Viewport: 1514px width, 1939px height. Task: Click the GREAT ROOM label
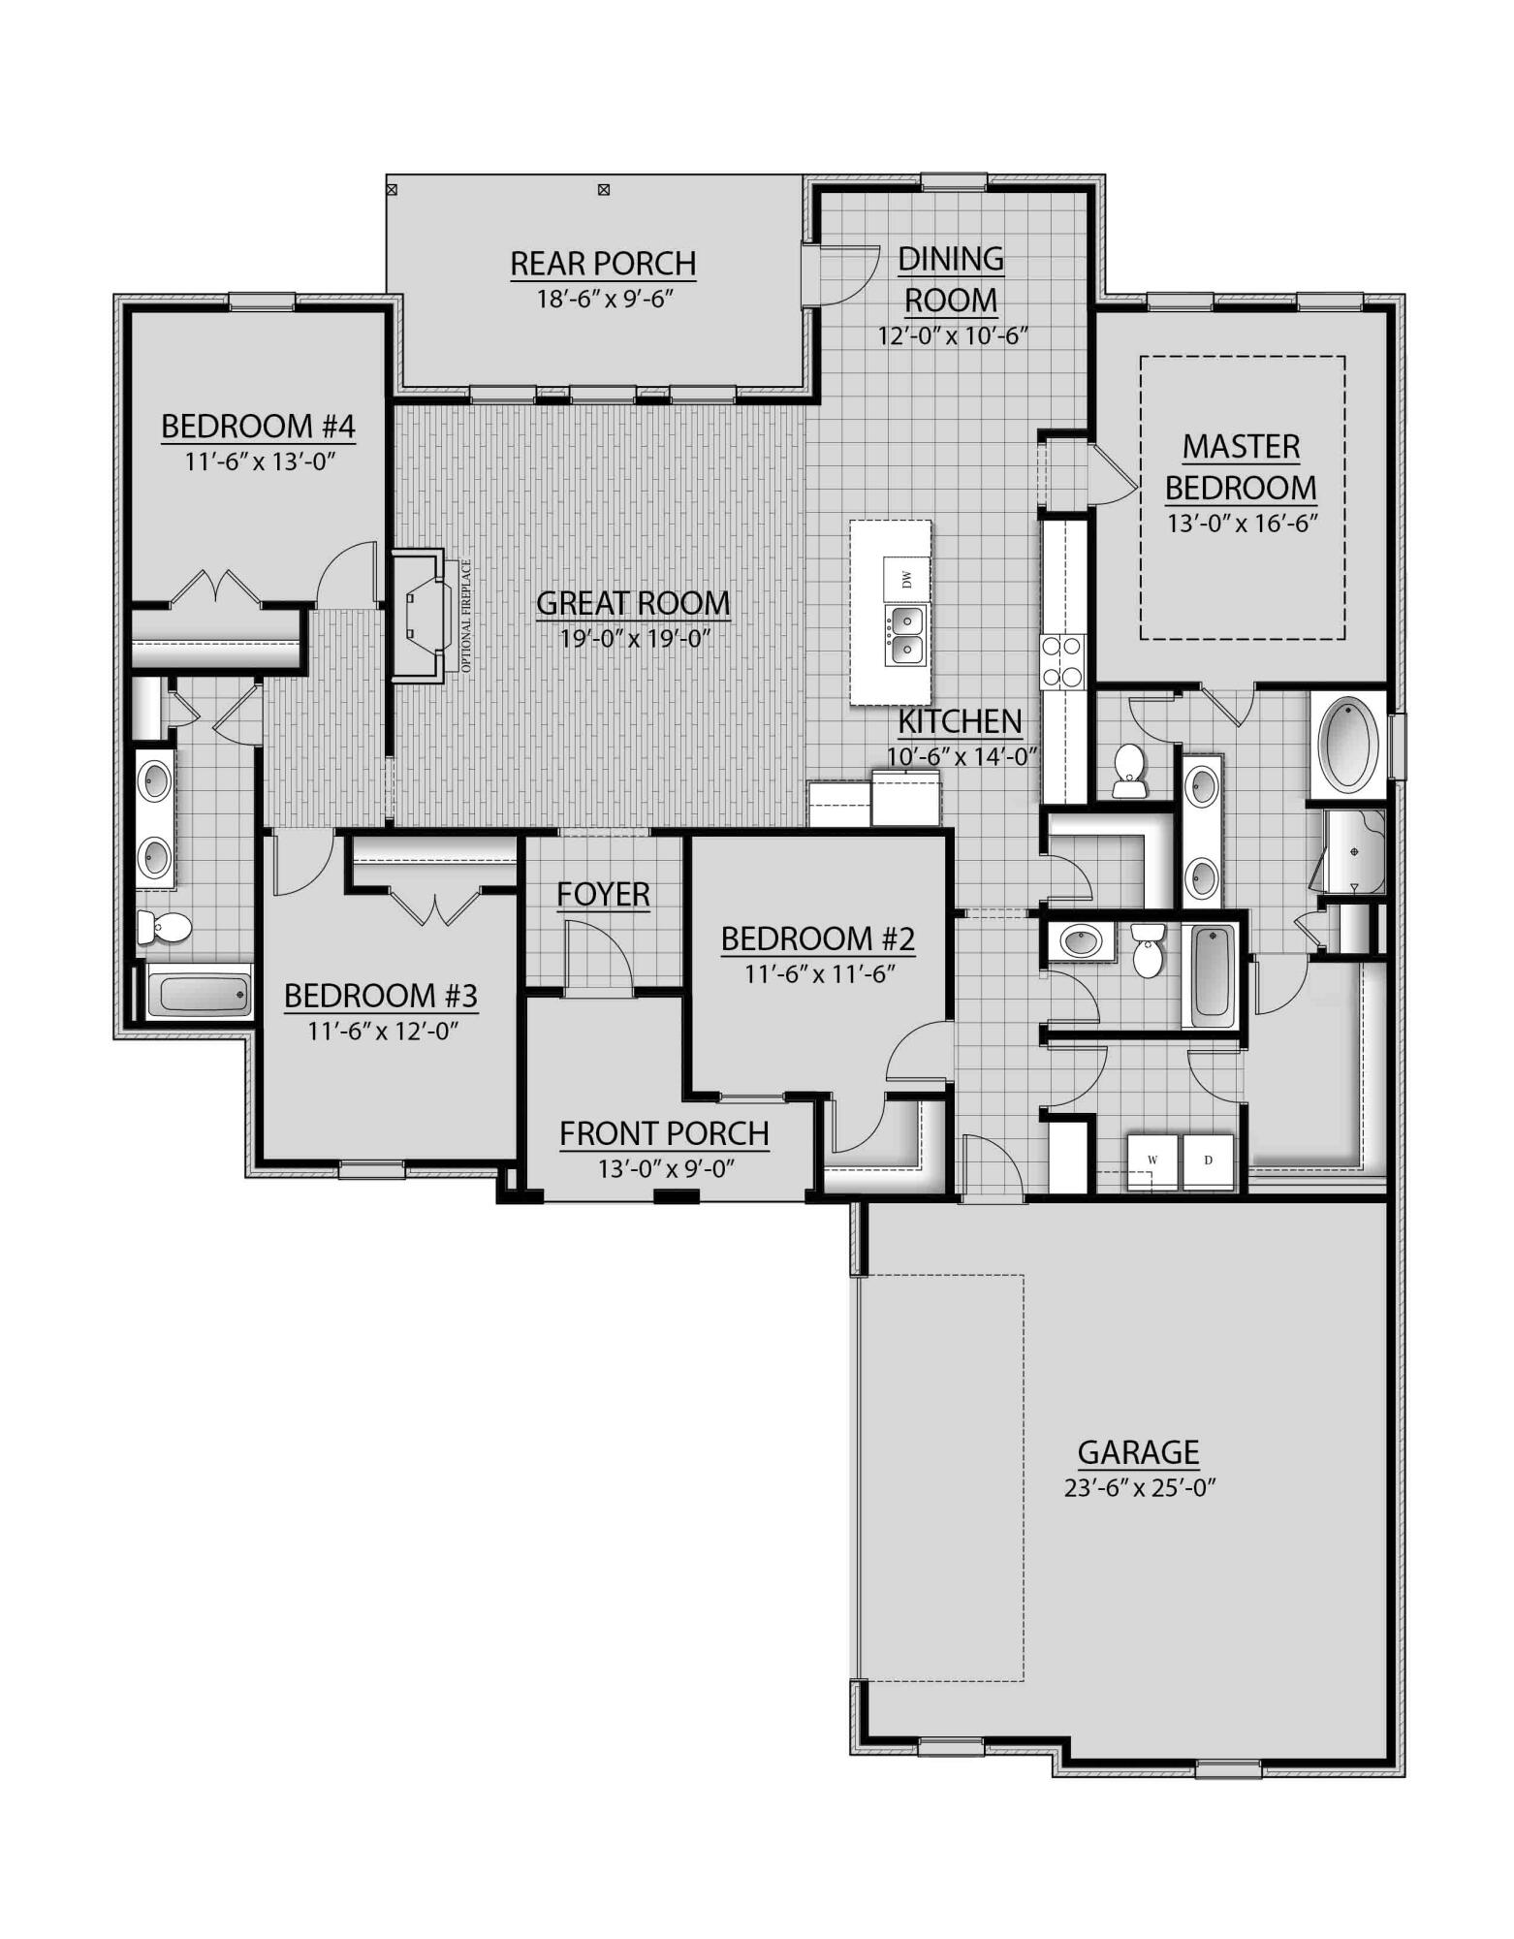632,603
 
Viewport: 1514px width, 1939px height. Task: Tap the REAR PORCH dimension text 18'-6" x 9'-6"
605,298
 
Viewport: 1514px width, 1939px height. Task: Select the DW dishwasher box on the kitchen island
906,579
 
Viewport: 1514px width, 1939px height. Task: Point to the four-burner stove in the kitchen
1062,660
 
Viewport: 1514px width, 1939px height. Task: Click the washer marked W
1152,1160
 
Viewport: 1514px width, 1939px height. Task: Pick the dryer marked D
1208,1160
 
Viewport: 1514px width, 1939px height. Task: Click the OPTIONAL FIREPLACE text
466,617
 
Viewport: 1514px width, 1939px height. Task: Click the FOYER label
603,894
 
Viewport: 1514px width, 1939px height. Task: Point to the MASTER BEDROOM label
1241,467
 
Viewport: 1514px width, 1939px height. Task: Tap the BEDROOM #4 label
258,427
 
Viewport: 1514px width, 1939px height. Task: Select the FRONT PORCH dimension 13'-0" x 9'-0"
665,1169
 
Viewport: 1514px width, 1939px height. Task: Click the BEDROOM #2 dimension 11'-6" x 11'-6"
817,973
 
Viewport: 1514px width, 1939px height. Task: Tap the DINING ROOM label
951,279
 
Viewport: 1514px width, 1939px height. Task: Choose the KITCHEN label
960,722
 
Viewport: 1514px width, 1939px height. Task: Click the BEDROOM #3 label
381,996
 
